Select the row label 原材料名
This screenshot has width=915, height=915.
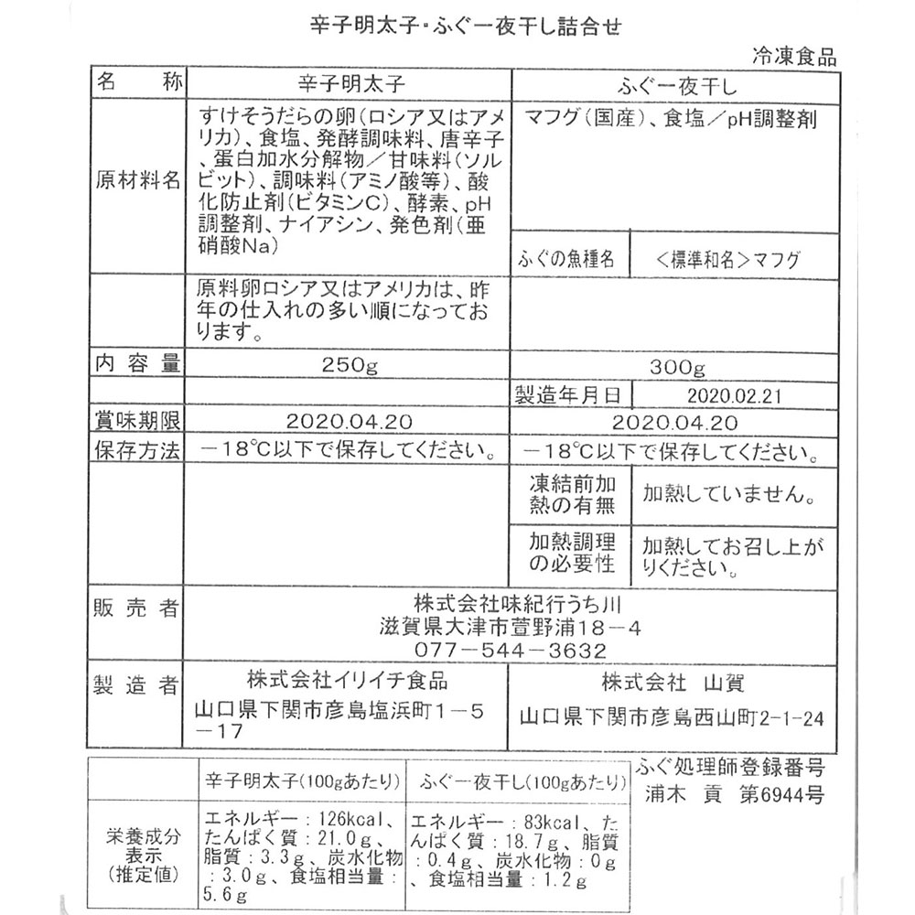coord(138,179)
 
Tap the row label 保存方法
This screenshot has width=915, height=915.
coord(138,450)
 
